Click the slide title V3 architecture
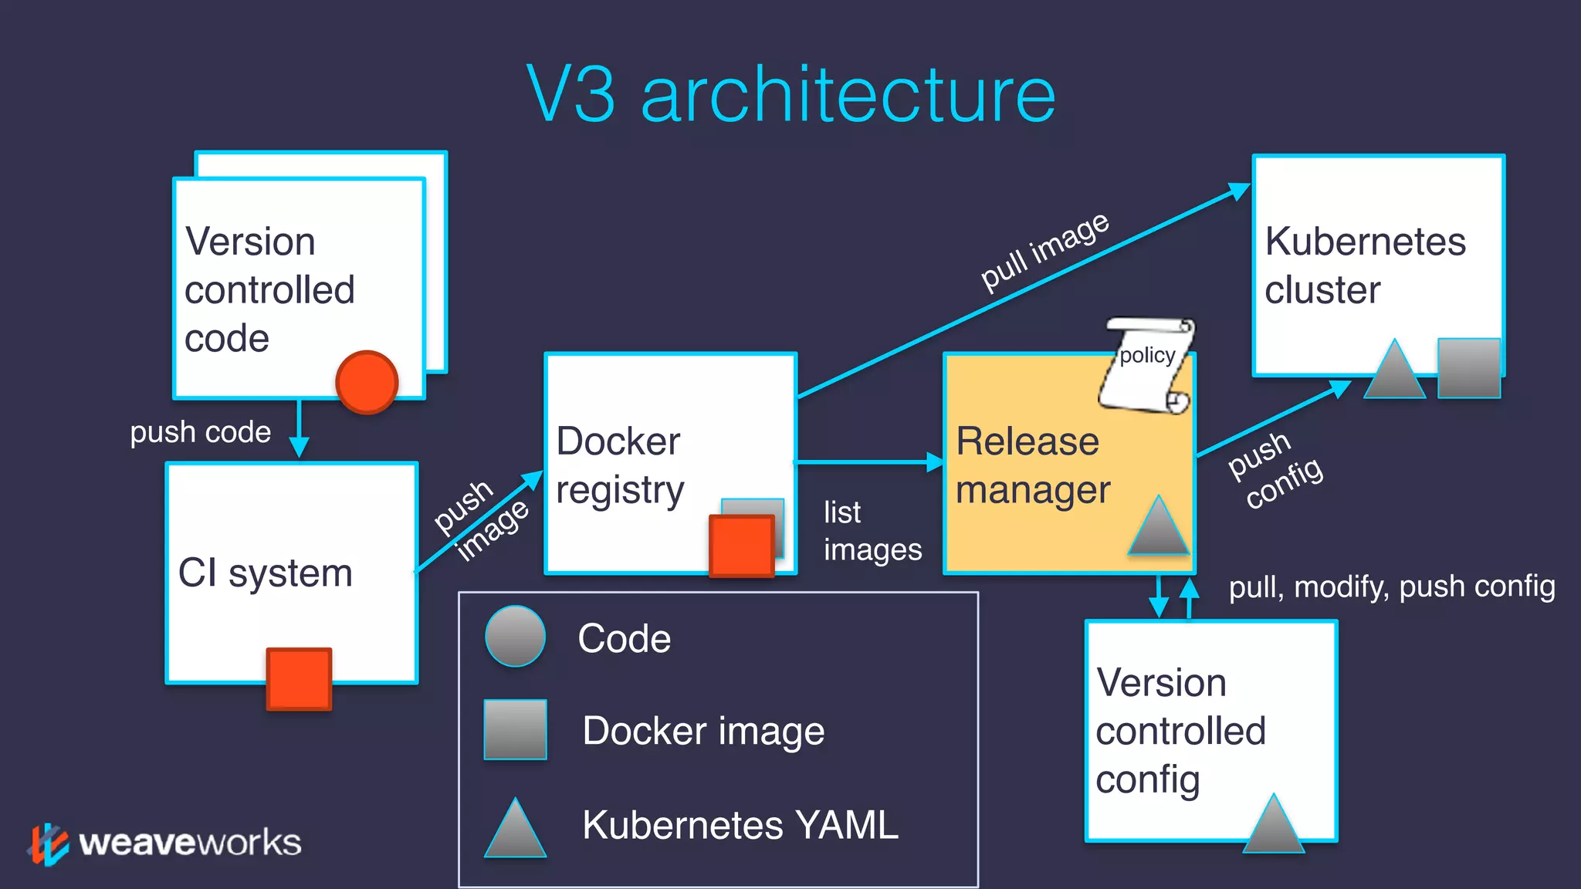tap(790, 94)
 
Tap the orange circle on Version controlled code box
tap(367, 382)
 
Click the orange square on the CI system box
tap(299, 678)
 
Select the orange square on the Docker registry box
tap(741, 546)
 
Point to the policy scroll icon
tap(1147, 364)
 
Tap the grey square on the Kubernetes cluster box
tap(1468, 368)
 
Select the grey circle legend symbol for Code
tap(515, 637)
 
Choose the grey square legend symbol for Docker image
tap(515, 729)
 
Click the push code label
tap(200, 432)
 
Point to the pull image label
tap(1044, 252)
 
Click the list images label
tap(872, 531)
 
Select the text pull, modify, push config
tap(1391, 586)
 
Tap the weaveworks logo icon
tap(49, 844)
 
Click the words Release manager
tap(1032, 465)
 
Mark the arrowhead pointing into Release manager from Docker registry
tap(935, 462)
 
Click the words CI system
tap(265, 573)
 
